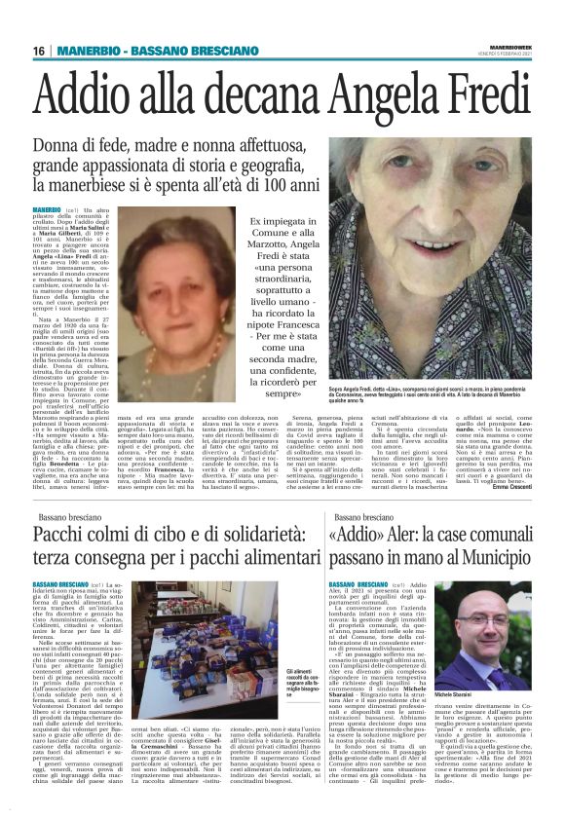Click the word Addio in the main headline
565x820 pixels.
[102, 90]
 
